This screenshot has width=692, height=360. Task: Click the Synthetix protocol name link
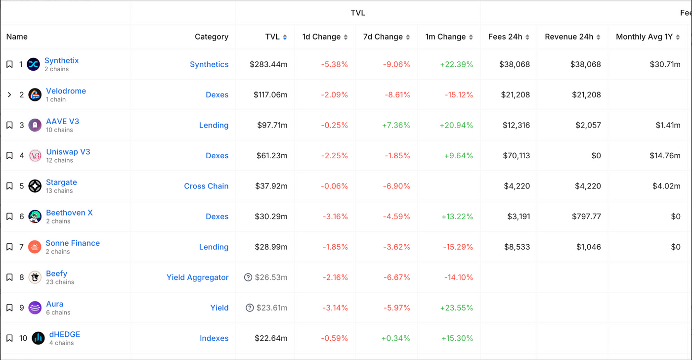click(61, 60)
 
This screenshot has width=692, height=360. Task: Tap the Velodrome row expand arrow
click(9, 94)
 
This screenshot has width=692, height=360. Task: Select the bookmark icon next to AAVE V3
click(9, 125)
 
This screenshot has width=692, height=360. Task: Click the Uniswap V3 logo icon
click(35, 155)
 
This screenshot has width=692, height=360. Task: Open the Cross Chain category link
click(206, 186)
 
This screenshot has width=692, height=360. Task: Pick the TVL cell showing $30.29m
click(271, 216)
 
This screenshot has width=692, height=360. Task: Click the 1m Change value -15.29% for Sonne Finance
click(458, 247)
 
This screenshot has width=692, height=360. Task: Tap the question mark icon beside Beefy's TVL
click(248, 277)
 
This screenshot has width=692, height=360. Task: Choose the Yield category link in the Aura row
click(219, 308)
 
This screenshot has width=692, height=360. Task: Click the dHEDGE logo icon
click(38, 338)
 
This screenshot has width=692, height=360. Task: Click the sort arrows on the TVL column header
click(285, 37)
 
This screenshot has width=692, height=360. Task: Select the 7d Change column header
click(383, 37)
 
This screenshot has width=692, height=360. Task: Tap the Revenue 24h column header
click(569, 37)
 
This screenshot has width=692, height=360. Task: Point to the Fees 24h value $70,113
click(516, 155)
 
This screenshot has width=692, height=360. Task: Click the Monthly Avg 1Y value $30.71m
click(665, 64)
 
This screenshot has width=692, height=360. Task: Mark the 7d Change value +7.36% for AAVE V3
click(396, 125)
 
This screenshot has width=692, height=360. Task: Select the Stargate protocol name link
click(61, 182)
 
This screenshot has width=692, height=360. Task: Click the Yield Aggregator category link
click(197, 277)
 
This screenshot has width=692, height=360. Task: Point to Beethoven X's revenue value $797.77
click(586, 216)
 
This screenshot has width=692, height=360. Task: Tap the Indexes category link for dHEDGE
click(214, 338)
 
